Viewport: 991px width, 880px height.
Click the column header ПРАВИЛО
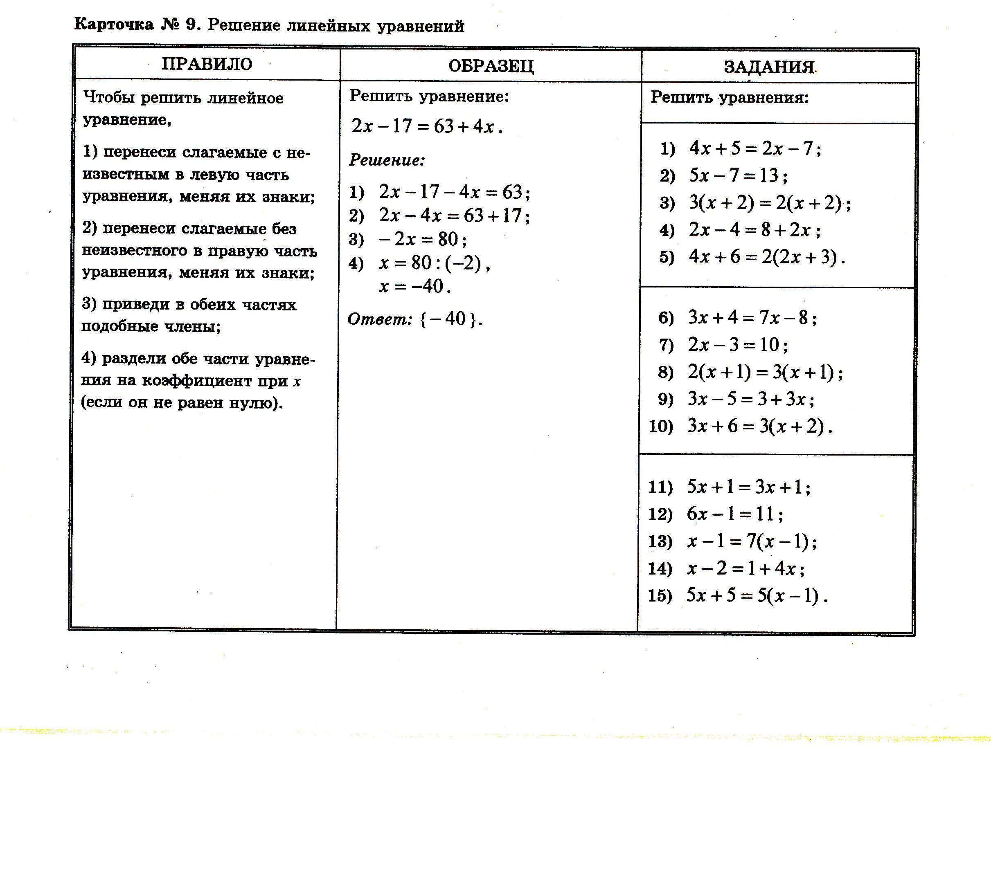coord(207,64)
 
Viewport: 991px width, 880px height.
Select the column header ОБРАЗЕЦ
coord(491,66)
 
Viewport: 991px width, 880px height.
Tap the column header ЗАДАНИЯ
coord(769,67)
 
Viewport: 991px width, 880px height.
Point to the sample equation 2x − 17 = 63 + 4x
coord(427,126)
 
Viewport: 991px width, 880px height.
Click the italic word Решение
coord(386,160)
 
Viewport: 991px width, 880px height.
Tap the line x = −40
coord(415,286)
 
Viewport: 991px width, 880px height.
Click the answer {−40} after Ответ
coord(450,319)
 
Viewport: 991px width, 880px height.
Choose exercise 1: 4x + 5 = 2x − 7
coord(755,148)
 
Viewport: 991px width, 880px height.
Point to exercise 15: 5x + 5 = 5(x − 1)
coord(756,595)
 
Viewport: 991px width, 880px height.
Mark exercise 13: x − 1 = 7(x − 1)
coord(752,541)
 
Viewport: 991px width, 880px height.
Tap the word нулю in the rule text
coord(257,403)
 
